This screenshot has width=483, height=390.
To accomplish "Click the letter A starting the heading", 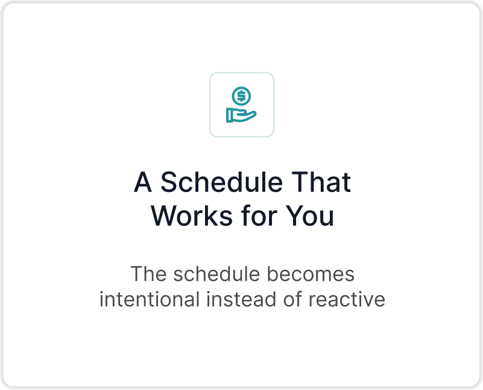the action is point(143,182).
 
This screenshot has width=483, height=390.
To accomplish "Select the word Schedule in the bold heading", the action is point(221,182).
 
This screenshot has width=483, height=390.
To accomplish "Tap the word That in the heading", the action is point(321,182).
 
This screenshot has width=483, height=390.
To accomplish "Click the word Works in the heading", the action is point(192,216).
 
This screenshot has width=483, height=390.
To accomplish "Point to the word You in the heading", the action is point(310,216).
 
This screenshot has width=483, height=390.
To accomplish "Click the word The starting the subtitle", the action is point(148,273).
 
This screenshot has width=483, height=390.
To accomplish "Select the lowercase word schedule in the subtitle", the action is point(216,273).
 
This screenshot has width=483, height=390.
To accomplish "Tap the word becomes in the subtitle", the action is point(311,273).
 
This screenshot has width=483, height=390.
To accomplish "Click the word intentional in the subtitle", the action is point(150,299).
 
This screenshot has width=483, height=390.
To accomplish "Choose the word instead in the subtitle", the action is point(241,299).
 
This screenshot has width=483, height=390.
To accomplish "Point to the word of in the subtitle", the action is point(292,299).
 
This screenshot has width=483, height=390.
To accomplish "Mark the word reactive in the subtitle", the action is point(347,299).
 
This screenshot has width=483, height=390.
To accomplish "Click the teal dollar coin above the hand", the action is point(241,96).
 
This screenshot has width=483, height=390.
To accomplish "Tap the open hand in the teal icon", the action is point(241,115).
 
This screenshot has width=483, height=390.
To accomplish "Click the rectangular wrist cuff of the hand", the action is point(230,115).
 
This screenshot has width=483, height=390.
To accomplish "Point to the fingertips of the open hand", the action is point(253,114).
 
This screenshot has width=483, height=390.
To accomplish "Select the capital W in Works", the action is point(164,216).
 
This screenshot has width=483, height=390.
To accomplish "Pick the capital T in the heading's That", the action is point(300,182).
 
